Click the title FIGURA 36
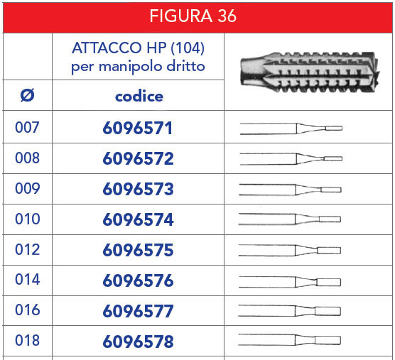pos(198,16)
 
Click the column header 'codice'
pos(139,96)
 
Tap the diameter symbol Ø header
pos(27,95)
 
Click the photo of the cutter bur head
pos(308,72)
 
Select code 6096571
pos(139,129)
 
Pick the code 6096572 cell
pos(139,159)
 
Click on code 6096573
pos(139,190)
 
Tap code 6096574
pos(139,220)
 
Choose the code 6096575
pos(139,251)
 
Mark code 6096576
pos(139,281)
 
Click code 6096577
pos(139,312)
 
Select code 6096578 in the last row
pos(139,342)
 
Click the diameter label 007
pos(27,128)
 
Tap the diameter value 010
pos(27,219)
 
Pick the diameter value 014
pos(27,280)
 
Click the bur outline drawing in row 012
pos(290,251)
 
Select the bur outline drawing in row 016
pos(290,311)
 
